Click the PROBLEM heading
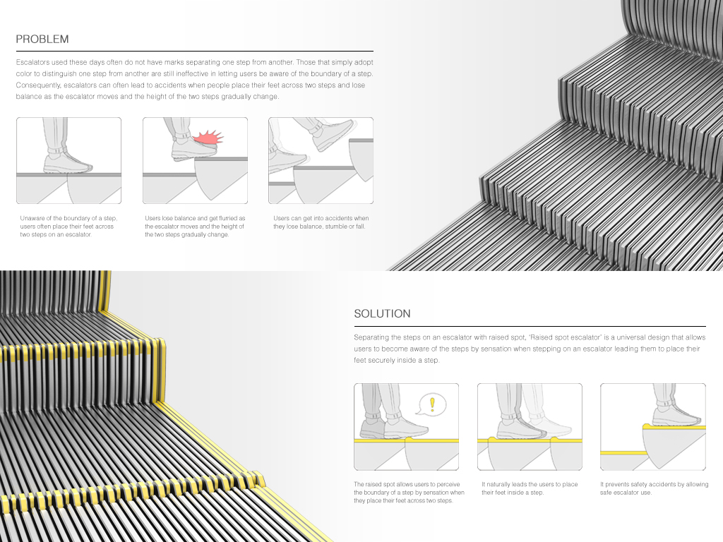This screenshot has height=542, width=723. tap(42, 39)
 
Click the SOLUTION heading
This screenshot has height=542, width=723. tap(382, 313)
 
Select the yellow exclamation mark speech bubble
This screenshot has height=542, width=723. tap(431, 404)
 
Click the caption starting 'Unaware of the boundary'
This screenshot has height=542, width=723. tap(68, 226)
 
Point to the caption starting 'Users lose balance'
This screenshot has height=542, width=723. tap(195, 226)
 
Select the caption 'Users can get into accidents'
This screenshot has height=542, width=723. tap(321, 222)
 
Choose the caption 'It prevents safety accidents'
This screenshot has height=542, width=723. tap(654, 488)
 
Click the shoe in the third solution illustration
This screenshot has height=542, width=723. tap(678, 416)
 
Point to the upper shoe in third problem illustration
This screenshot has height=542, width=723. tap(333, 135)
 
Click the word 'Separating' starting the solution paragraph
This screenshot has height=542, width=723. tap(371, 338)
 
